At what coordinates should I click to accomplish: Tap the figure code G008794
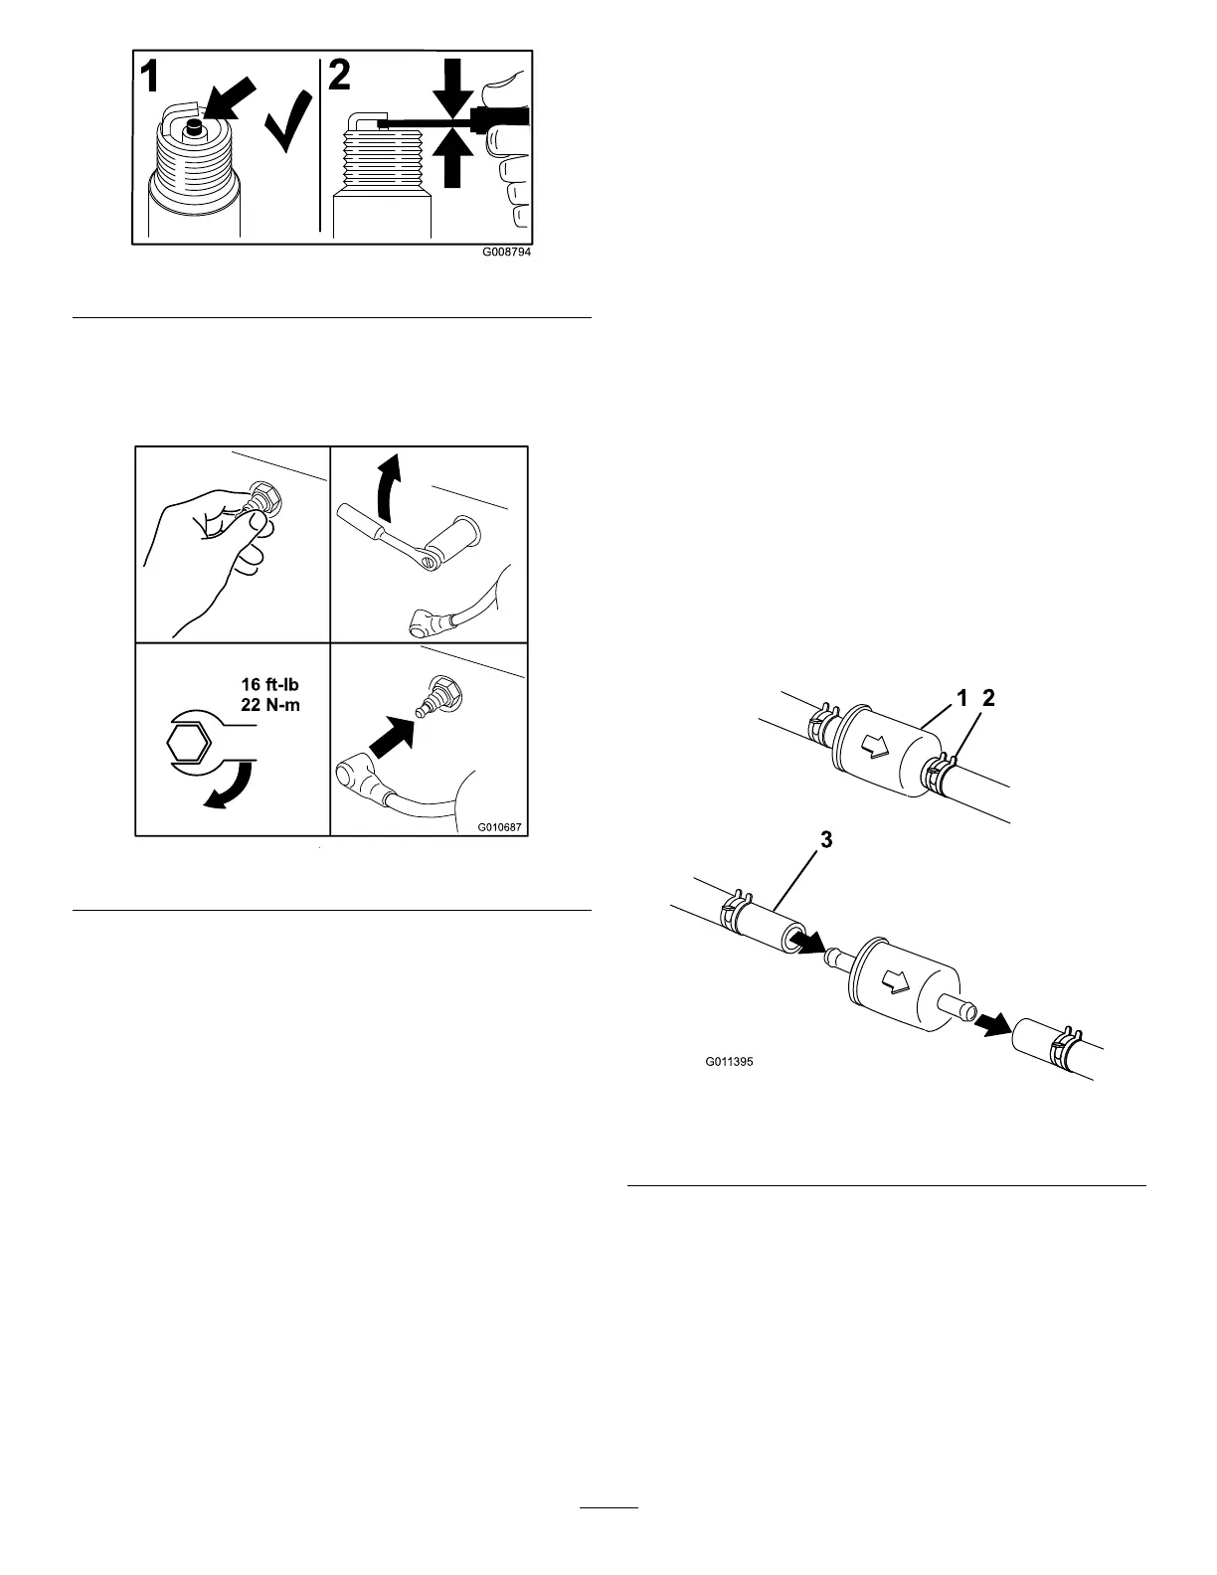click(506, 253)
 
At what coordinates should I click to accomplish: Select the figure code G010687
click(500, 824)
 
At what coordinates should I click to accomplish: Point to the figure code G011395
click(730, 1062)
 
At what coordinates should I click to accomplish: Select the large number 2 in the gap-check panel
click(340, 77)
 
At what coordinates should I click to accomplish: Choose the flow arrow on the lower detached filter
click(898, 981)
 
